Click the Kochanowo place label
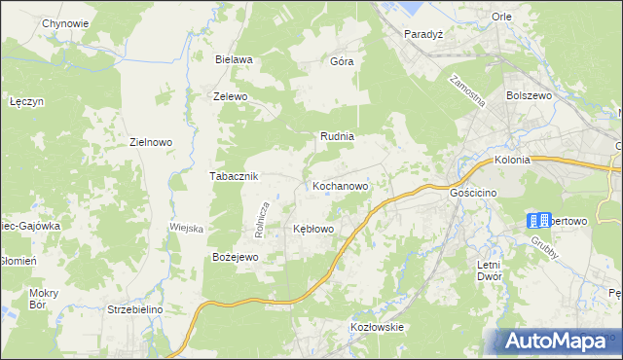coord(340,185)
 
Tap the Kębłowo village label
coord(314,229)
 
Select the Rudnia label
coord(337,137)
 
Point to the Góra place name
coord(342,61)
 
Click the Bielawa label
coord(235,59)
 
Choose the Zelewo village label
coord(231,97)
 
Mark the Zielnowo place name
coord(151,142)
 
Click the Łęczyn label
coord(27,101)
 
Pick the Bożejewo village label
coord(235,257)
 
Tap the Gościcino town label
coord(474,194)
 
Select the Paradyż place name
coord(424,32)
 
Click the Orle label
coord(502,17)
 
